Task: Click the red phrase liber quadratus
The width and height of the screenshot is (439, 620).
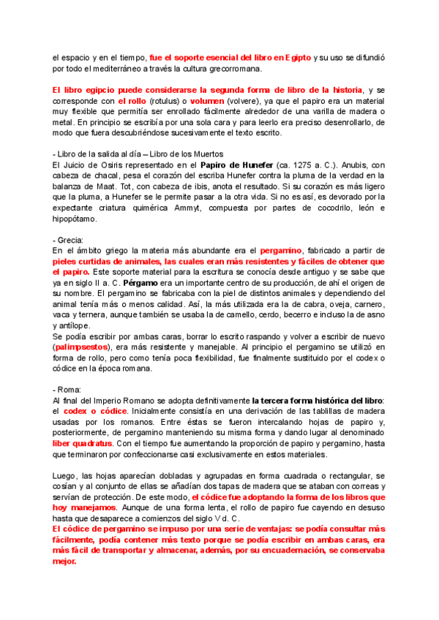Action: click(x=83, y=443)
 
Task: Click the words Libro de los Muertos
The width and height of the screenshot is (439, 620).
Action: click(x=179, y=154)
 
